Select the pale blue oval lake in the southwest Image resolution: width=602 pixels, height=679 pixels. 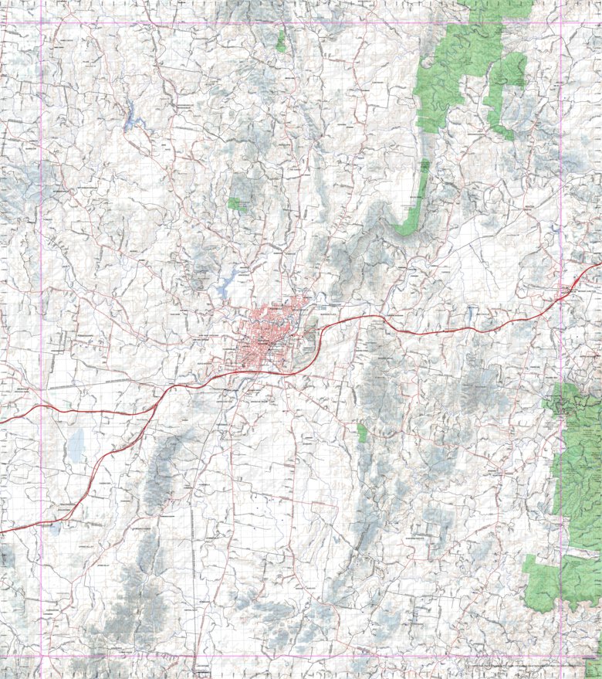(x=76, y=444)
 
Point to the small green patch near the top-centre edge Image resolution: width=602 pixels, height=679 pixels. (x=281, y=41)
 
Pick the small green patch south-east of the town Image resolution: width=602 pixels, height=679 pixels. (x=362, y=433)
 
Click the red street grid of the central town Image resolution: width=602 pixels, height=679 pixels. (x=266, y=340)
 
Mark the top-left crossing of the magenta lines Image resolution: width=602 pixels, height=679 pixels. (x=41, y=23)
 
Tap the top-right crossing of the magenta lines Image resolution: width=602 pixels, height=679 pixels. (x=561, y=23)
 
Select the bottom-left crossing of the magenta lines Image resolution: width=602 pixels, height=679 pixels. (x=41, y=657)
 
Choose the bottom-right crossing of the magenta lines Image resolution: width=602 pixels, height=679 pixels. (x=561, y=657)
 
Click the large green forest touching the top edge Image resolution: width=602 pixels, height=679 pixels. (x=463, y=62)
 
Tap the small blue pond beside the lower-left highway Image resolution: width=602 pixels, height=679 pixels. (x=54, y=529)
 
